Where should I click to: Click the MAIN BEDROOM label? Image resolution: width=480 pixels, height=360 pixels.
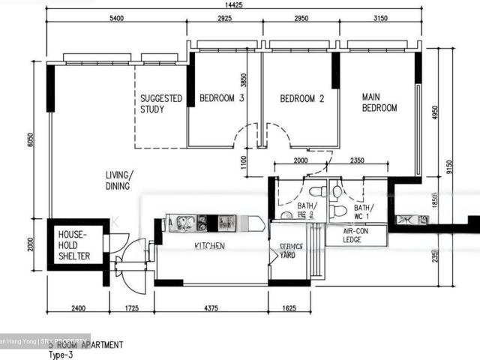(x=379, y=103)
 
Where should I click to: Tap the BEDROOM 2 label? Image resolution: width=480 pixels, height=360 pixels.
(x=301, y=98)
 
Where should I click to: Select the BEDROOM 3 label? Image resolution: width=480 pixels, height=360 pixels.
(x=221, y=98)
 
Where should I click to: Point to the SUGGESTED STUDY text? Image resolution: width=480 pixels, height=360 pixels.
(x=161, y=103)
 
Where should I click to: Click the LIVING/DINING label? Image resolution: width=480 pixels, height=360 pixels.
(x=117, y=180)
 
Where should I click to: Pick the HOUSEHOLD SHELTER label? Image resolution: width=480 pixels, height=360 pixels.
(x=74, y=245)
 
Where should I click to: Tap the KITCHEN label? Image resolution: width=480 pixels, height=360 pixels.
(x=210, y=246)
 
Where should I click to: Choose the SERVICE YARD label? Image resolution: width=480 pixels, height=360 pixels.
(x=291, y=250)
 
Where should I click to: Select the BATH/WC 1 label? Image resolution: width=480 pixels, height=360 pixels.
(x=363, y=212)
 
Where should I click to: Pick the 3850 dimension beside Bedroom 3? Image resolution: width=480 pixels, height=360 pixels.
(x=243, y=81)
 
